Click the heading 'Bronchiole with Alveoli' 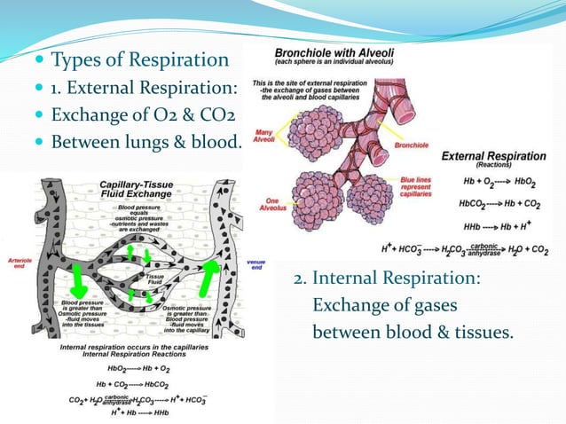click(335, 52)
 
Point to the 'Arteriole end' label click(17, 263)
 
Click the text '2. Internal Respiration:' click(387, 279)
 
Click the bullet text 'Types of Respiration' click(139, 60)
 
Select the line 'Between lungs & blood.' click(145, 142)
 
